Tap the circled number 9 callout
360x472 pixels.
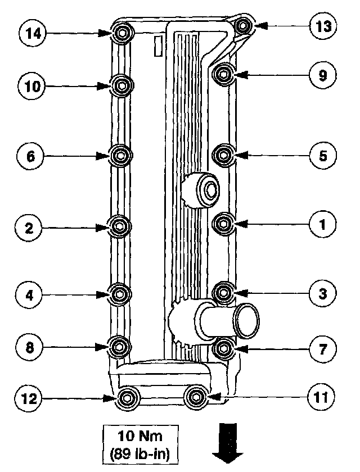[x=323, y=75]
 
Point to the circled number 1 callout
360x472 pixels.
[x=323, y=225]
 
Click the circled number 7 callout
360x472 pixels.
[x=323, y=348]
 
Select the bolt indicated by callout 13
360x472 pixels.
[x=243, y=26]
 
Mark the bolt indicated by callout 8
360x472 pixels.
[x=119, y=347]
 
